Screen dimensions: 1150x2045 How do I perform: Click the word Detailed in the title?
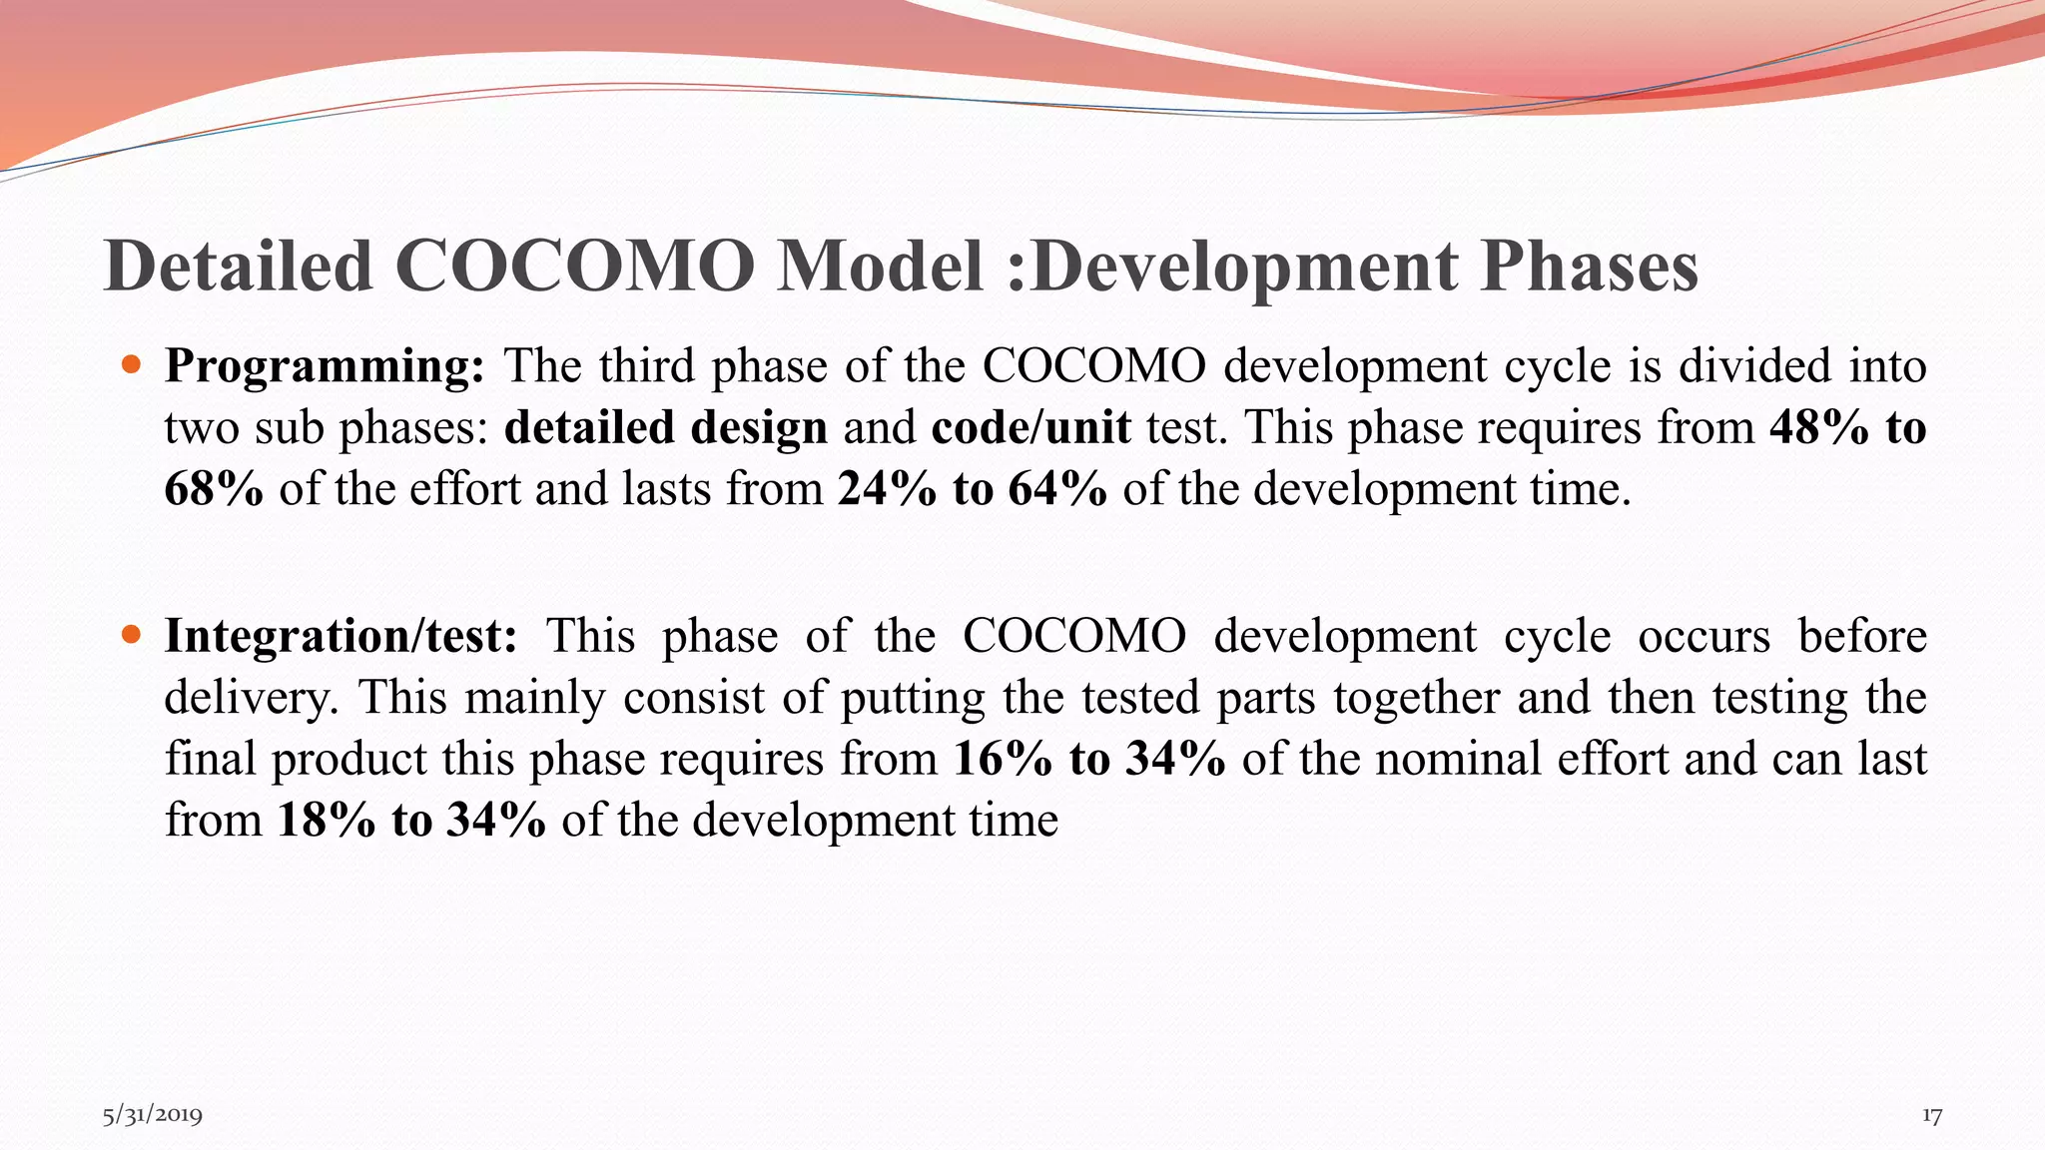pos(239,266)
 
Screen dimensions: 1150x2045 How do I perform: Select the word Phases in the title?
pos(1589,266)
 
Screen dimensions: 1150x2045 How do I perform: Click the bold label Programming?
pos(325,366)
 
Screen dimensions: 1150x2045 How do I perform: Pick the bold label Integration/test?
pos(341,636)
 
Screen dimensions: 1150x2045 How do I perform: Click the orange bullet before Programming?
pos(131,363)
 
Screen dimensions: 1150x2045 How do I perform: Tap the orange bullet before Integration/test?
pos(131,633)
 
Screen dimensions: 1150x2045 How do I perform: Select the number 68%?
pos(214,489)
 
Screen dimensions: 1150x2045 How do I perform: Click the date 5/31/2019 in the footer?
pos(153,1115)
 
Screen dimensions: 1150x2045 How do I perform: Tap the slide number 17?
pos(1932,1115)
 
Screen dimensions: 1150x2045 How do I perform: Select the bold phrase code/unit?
pos(1030,427)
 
